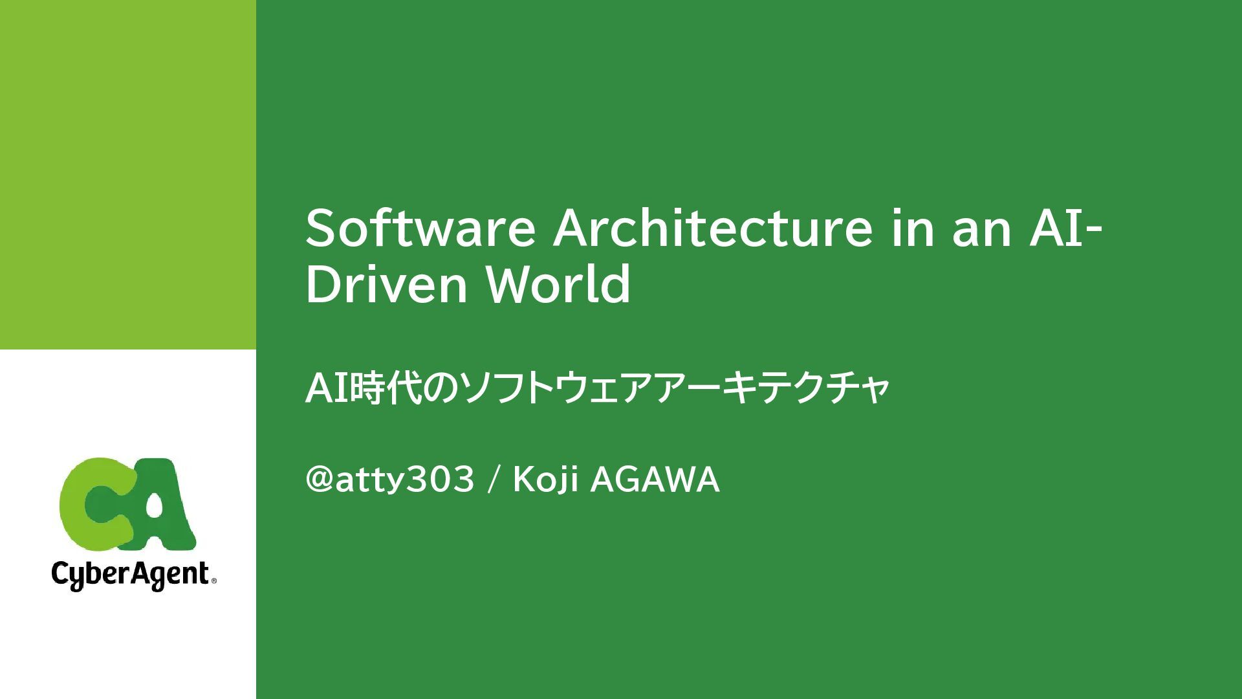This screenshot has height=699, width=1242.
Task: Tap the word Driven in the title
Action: point(386,284)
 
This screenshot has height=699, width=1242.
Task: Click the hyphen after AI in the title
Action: point(1093,233)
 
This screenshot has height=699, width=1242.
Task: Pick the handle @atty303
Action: point(390,481)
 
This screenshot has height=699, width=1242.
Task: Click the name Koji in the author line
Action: point(545,481)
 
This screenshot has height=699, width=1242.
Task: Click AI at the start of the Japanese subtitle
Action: point(327,389)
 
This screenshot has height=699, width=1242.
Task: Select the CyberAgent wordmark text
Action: point(130,575)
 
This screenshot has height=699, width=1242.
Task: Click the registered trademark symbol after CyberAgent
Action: point(213,582)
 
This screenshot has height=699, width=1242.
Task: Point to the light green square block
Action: point(127,174)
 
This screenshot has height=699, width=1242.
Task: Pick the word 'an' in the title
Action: point(981,230)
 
